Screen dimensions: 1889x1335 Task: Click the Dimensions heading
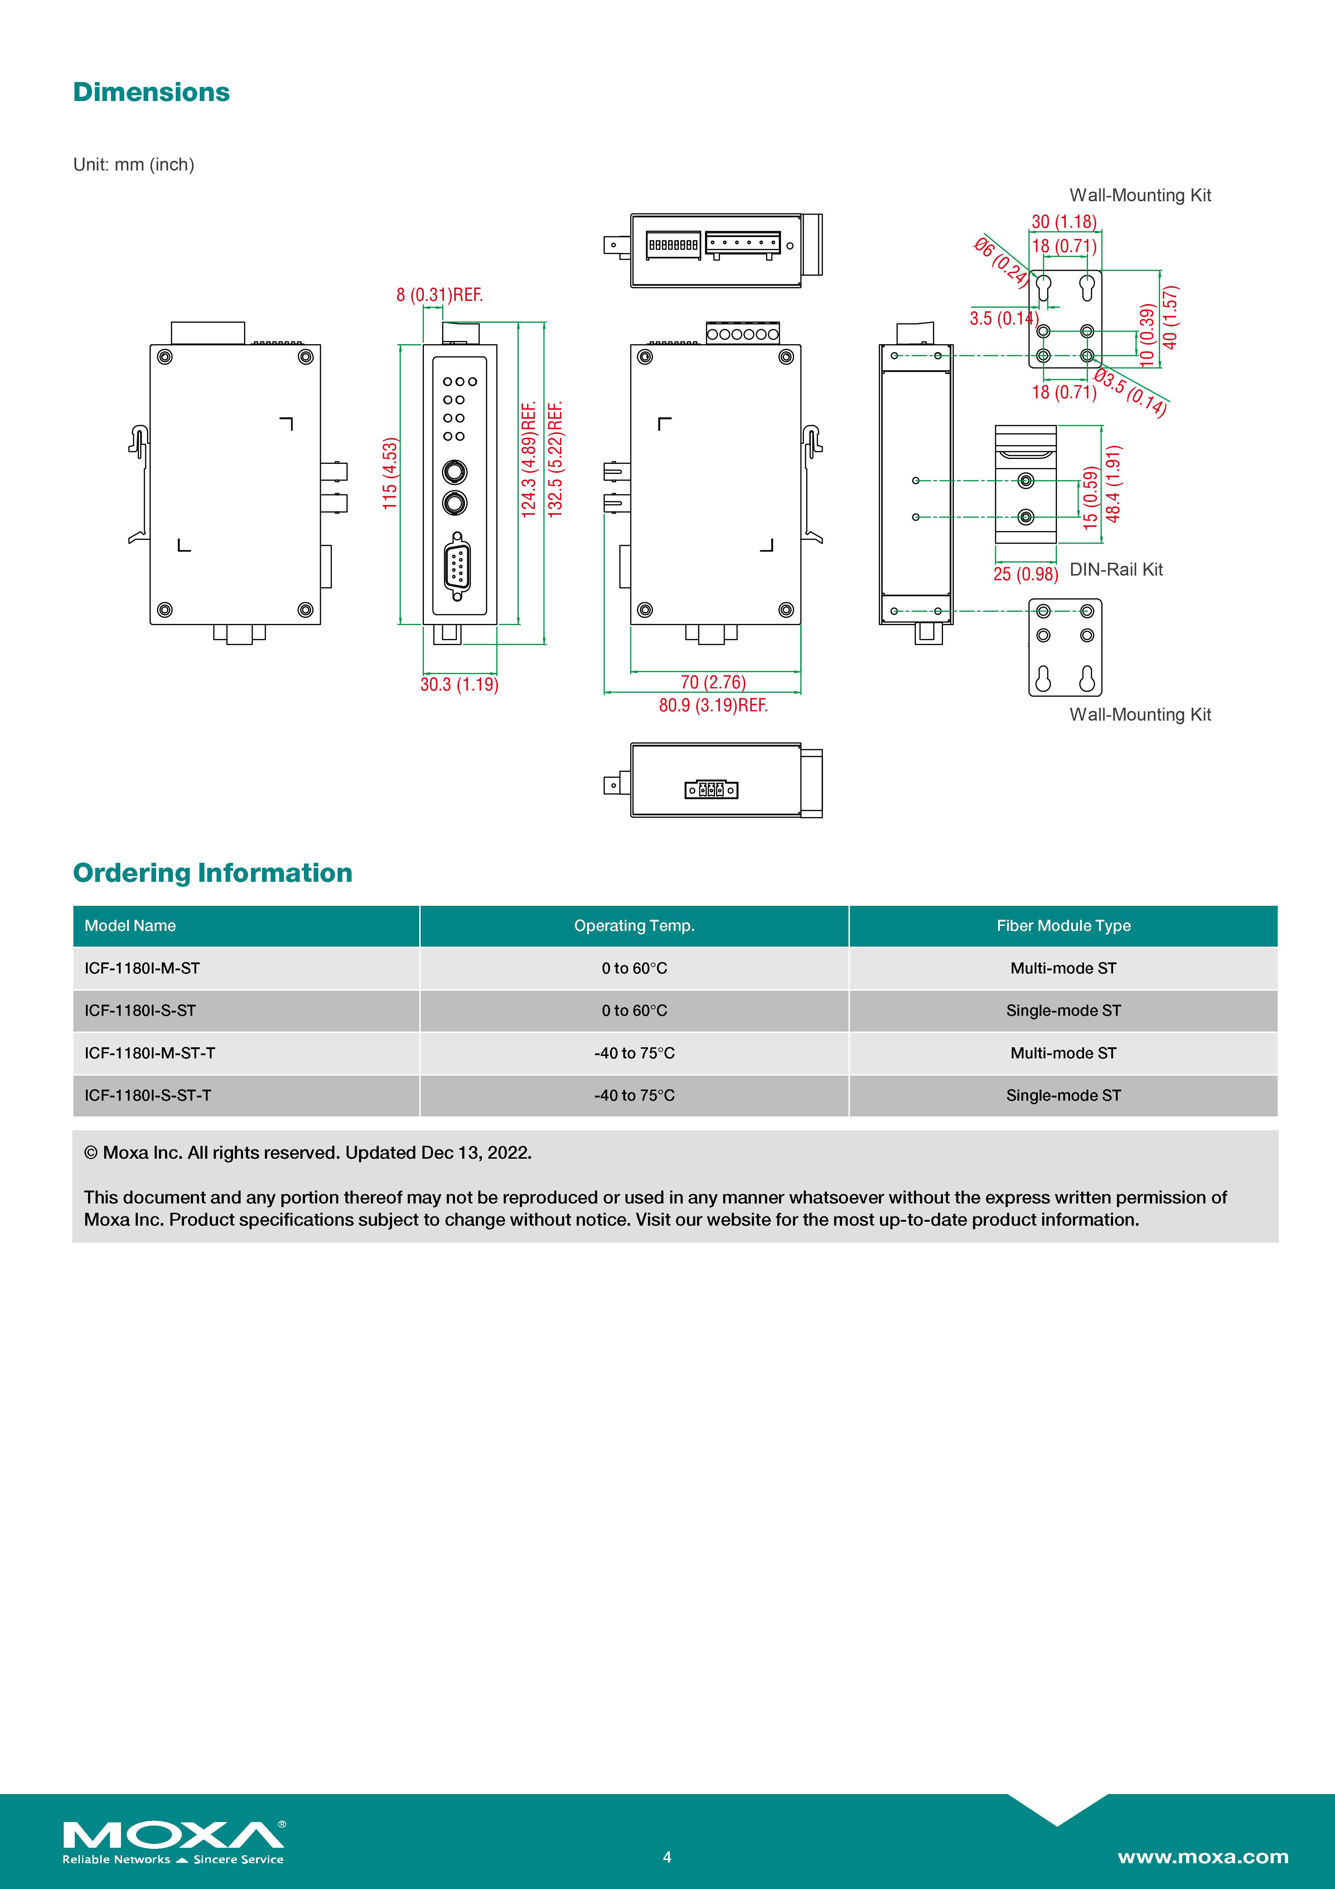coord(151,92)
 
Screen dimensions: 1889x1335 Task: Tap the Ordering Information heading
coord(212,873)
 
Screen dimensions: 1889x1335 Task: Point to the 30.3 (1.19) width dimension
coord(459,684)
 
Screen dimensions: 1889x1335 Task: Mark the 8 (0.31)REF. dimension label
coord(439,294)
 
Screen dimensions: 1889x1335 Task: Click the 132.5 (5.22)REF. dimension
coord(556,458)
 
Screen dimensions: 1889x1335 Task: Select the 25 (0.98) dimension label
coord(1025,574)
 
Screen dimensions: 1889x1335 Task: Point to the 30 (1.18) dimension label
coord(1064,221)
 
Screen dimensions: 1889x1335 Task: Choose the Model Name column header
coord(130,926)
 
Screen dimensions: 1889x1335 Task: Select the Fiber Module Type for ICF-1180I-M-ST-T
coord(1063,1053)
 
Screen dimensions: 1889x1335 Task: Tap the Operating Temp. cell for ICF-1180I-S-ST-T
coord(634,1095)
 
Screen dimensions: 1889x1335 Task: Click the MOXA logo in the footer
coord(174,1841)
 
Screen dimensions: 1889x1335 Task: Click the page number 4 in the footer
coord(667,1857)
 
